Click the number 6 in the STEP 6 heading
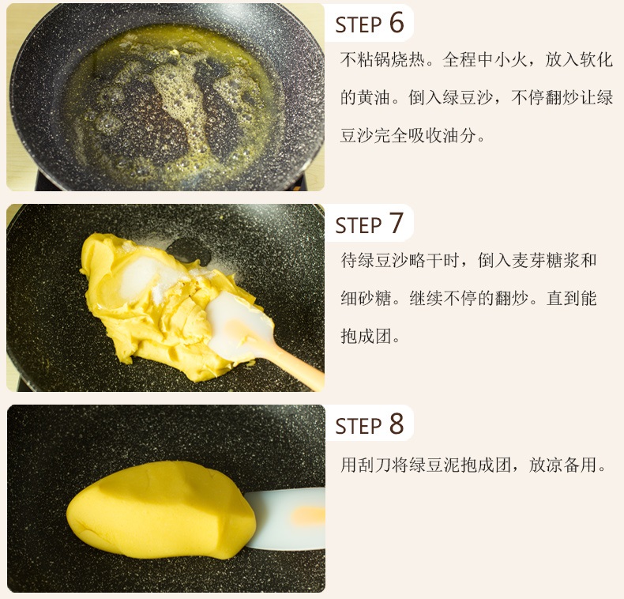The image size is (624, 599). (397, 22)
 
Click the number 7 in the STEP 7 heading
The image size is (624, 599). (397, 223)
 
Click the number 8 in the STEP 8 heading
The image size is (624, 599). (397, 424)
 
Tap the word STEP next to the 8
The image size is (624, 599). (359, 426)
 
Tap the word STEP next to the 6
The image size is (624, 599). (359, 25)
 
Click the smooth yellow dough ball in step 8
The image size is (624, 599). (161, 510)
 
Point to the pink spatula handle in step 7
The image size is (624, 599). (295, 367)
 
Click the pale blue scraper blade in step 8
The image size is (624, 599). (284, 518)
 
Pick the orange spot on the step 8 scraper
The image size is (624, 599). (307, 516)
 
